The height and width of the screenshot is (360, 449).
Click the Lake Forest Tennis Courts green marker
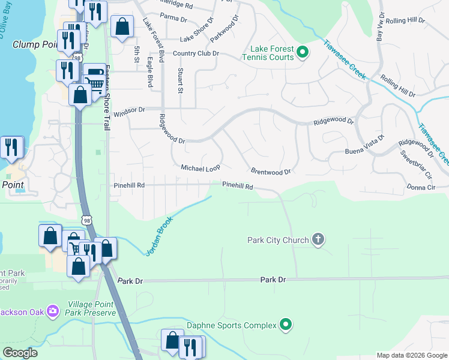(x=303, y=52)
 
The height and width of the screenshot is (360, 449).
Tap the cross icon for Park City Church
(x=318, y=240)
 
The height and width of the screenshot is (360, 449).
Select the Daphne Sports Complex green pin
(x=286, y=325)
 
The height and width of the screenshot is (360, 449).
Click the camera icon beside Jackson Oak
(x=53, y=310)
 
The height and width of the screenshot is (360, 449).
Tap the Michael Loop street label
(x=201, y=168)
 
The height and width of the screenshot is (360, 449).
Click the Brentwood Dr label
(x=271, y=172)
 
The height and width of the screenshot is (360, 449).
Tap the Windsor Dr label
(x=130, y=110)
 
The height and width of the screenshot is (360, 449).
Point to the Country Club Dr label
(x=196, y=53)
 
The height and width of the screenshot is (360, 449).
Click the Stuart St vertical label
(x=180, y=81)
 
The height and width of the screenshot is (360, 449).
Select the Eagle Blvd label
(x=149, y=71)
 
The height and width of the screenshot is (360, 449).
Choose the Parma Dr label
(x=173, y=18)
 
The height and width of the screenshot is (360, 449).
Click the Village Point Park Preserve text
(x=91, y=308)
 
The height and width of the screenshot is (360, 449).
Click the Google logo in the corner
(x=20, y=353)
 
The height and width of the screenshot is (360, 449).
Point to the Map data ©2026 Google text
(x=411, y=355)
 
